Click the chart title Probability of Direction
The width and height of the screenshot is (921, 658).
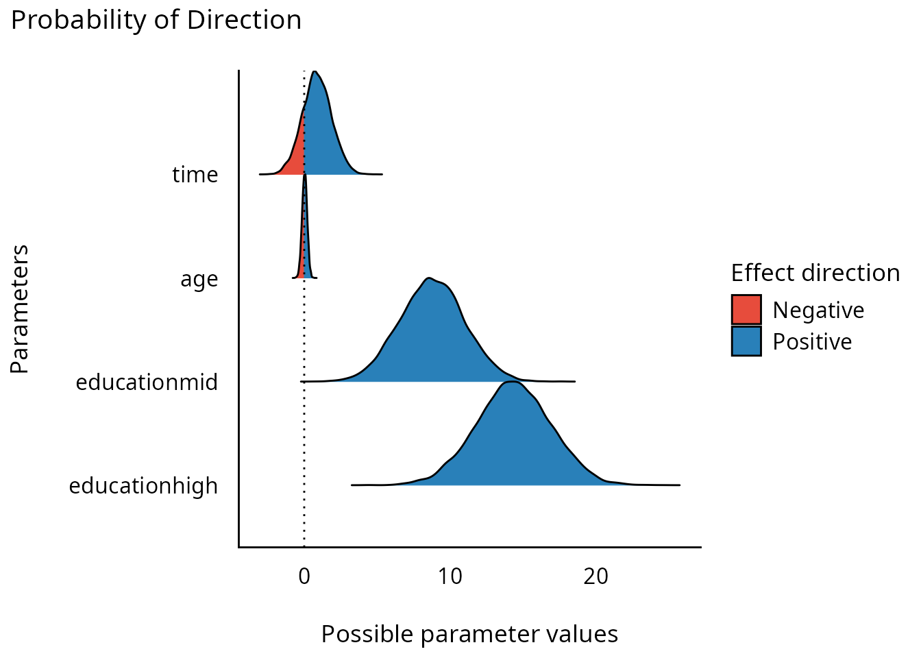pyautogui.click(x=156, y=21)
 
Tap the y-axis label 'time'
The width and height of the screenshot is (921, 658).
pyautogui.click(x=195, y=175)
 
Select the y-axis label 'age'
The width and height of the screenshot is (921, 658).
pyautogui.click(x=199, y=279)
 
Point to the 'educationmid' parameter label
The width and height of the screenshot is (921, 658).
pyautogui.click(x=147, y=382)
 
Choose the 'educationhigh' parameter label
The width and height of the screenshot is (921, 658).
pyautogui.click(x=143, y=486)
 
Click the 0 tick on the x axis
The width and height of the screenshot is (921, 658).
pyautogui.click(x=304, y=576)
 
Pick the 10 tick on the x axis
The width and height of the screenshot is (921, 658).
pyautogui.click(x=450, y=576)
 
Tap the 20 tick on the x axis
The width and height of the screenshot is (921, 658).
pyautogui.click(x=596, y=576)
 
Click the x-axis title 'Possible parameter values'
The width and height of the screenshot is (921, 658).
pyautogui.click(x=469, y=634)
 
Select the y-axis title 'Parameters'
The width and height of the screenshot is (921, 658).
pyautogui.click(x=20, y=309)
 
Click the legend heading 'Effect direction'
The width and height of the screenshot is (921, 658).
pyautogui.click(x=815, y=273)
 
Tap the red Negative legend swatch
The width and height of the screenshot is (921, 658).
pyautogui.click(x=746, y=310)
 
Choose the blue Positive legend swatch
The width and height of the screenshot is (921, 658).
pyautogui.click(x=746, y=341)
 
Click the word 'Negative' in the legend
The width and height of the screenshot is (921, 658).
pyautogui.click(x=818, y=310)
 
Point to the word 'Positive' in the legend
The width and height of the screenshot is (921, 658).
pyautogui.click(x=812, y=342)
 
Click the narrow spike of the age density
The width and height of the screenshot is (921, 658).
pyautogui.click(x=305, y=226)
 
